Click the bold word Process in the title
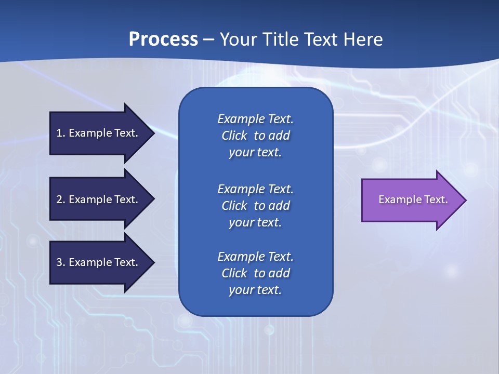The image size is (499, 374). pyautogui.click(x=163, y=39)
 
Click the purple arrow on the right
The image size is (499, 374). pyautogui.click(x=411, y=199)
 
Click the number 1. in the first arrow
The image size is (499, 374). pyautogui.click(x=61, y=133)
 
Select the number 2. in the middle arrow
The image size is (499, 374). pyautogui.click(x=61, y=199)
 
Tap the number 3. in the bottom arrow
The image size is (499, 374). pyautogui.click(x=61, y=262)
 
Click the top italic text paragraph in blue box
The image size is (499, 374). pyautogui.click(x=255, y=136)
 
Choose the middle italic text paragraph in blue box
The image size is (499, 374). pyautogui.click(x=255, y=206)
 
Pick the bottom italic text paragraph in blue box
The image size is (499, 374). pyautogui.click(x=255, y=273)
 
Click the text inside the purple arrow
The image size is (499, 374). pyautogui.click(x=413, y=199)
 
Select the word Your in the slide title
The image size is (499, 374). pyautogui.click(x=239, y=39)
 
